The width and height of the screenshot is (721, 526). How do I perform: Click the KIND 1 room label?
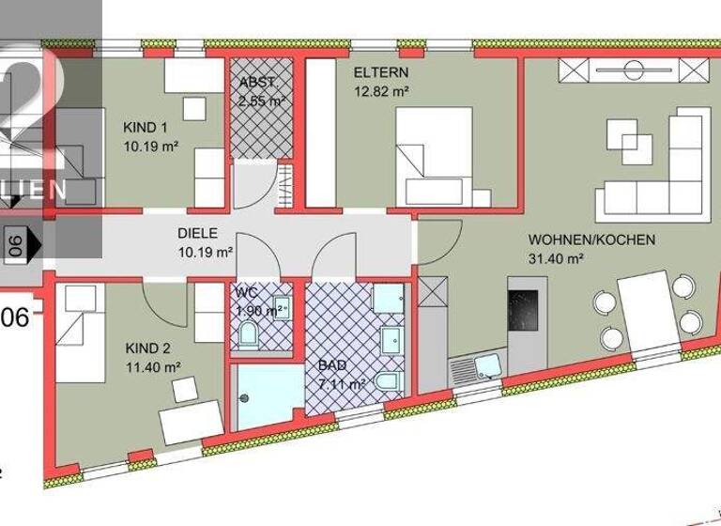click(x=145, y=127)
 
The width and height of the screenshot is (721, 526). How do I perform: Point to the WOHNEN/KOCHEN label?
click(x=591, y=240)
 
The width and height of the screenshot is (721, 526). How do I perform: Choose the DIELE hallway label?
click(x=198, y=234)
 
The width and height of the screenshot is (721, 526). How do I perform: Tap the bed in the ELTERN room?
click(x=434, y=155)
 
